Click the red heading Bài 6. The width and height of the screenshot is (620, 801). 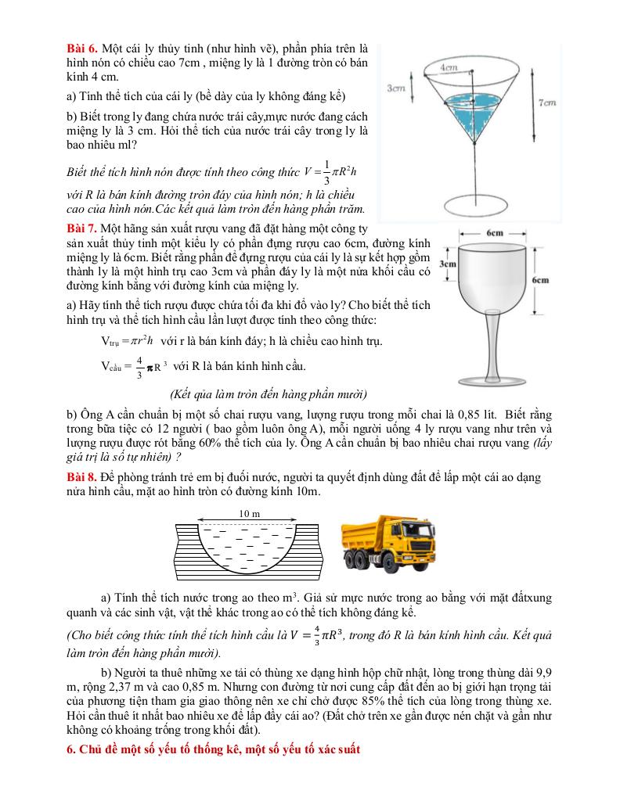click(x=81, y=48)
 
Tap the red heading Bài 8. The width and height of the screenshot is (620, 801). click(x=81, y=477)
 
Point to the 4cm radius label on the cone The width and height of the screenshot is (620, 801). click(x=449, y=68)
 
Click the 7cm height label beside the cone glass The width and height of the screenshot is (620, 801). click(x=547, y=102)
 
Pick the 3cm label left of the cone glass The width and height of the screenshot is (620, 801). click(x=396, y=89)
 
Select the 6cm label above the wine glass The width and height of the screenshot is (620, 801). click(x=494, y=233)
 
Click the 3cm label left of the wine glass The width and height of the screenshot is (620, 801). click(x=447, y=264)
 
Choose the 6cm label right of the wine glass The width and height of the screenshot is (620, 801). click(x=540, y=280)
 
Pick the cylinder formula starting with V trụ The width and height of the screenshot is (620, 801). click(x=127, y=341)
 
